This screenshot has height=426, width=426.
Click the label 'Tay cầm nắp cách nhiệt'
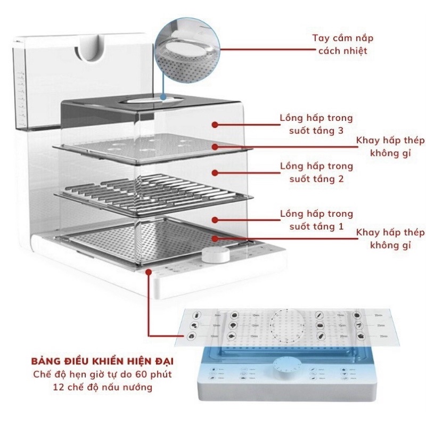(x=342, y=44)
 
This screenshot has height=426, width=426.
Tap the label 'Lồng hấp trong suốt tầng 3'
(x=316, y=124)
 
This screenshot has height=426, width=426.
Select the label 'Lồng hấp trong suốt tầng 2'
(x=316, y=172)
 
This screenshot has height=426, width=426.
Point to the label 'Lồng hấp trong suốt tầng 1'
(x=316, y=220)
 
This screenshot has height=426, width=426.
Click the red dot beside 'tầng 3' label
(x=215, y=125)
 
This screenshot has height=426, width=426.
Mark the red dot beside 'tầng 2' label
(x=215, y=172)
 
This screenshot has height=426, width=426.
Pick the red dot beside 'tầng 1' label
(x=215, y=220)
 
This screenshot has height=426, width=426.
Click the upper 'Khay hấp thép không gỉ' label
(x=390, y=146)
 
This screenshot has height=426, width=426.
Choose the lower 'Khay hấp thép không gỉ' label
(x=390, y=239)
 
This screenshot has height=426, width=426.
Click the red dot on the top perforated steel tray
(x=214, y=146)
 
